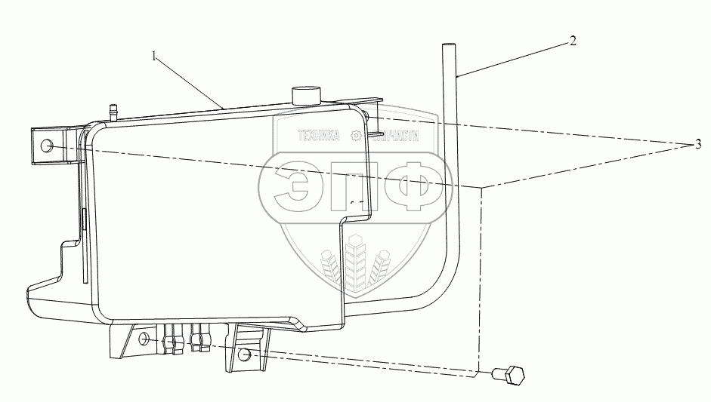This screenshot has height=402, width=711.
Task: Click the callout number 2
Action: click(573, 41)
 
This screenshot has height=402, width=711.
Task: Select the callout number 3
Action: click(699, 145)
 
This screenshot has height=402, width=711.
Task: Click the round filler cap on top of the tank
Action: click(306, 96)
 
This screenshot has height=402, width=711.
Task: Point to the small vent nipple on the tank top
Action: click(114, 111)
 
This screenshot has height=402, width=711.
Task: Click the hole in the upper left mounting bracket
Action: click(47, 146)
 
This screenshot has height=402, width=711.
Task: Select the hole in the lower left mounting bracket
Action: click(143, 341)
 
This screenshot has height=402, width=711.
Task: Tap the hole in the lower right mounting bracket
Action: click(245, 354)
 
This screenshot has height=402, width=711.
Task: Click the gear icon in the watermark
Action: click(355, 137)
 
